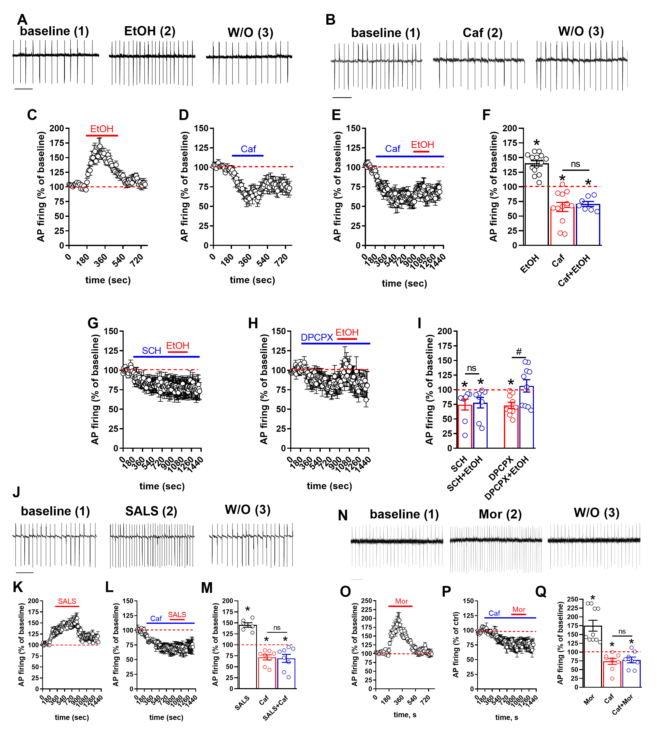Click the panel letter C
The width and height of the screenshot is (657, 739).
pyautogui.click(x=32, y=115)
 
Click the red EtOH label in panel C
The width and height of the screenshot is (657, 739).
pyautogui.click(x=102, y=129)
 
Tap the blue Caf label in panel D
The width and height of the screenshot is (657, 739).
pyautogui.click(x=248, y=149)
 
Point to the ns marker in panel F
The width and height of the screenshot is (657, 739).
pyautogui.click(x=575, y=164)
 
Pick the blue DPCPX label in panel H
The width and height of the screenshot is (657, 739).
pyautogui.click(x=317, y=337)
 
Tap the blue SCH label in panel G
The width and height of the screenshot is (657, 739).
pyautogui.click(x=151, y=351)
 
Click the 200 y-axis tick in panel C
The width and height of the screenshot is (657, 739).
pyautogui.click(x=57, y=128)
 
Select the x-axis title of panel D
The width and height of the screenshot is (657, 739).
pyautogui.click(x=252, y=280)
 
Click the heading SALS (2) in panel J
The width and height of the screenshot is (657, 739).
pyautogui.click(x=151, y=511)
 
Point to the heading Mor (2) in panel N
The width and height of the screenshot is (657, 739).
pyautogui.click(x=500, y=514)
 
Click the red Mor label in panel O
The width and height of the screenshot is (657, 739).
pyautogui.click(x=401, y=601)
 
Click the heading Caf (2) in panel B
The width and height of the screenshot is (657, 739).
pyautogui.click(x=482, y=33)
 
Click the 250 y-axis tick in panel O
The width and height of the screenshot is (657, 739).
pyautogui.click(x=367, y=601)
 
